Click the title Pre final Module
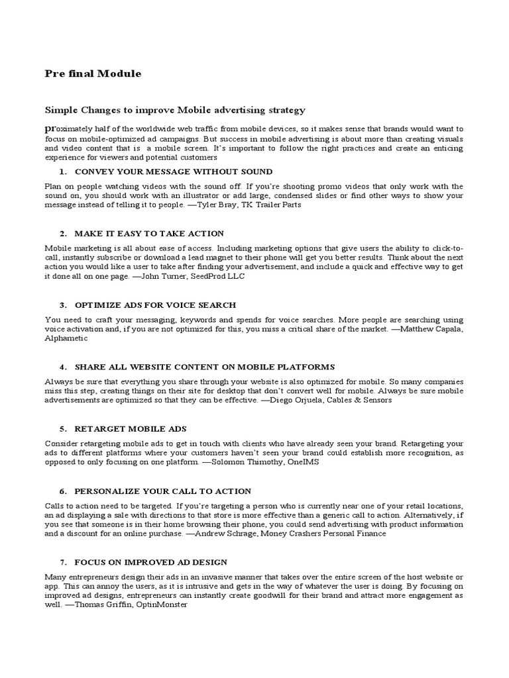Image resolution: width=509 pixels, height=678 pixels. coord(93,73)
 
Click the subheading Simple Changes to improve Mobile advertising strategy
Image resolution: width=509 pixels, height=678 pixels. coord(174,110)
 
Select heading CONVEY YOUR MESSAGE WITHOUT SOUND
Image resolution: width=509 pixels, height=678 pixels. coord(173,171)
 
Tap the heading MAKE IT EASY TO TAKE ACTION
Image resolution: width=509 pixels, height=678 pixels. coord(149,234)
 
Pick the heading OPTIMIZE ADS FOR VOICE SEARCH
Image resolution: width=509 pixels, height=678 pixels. coord(155,305)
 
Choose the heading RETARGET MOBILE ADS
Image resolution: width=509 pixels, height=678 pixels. coord(131,429)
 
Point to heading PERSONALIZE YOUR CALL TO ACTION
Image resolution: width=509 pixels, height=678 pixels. coord(162,491)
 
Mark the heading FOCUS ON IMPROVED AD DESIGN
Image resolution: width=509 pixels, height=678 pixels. coord(151,562)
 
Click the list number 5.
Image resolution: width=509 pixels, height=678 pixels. coord(62,429)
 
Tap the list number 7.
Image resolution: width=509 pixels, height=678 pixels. coord(62,562)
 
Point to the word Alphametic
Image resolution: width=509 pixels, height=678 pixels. coord(66,338)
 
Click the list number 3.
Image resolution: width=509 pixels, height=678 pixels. coord(62,305)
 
